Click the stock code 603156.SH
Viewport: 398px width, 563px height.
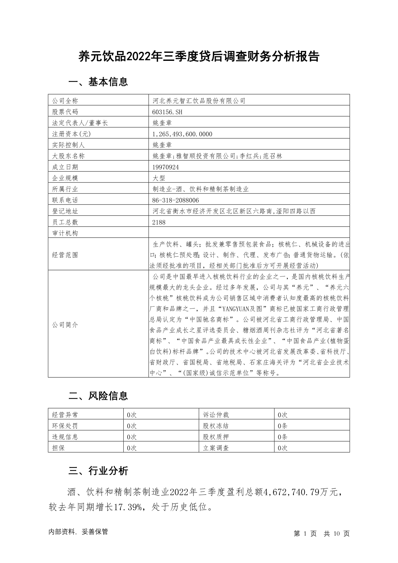pos(167,112)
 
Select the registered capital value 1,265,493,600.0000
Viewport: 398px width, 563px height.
pos(182,134)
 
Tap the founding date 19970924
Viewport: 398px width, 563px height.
pos(165,167)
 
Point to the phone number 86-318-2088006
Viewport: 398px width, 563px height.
pos(175,200)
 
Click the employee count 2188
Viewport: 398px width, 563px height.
pos(159,222)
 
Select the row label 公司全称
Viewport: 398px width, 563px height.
pos(65,101)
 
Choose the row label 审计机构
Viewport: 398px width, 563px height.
pos(65,233)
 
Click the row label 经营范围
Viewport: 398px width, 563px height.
pos(65,255)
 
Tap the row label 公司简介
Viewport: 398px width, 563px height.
pos(65,325)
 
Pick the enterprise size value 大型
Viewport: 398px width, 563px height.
pos(159,178)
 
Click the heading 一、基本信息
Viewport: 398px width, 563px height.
pos(98,82)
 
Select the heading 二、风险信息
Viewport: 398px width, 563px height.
pos(98,396)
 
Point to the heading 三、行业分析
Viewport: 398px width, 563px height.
pos(98,471)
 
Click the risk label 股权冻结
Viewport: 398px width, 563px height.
pos(216,426)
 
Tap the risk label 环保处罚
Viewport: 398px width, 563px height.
pos(65,426)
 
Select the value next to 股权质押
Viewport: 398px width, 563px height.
pos(283,437)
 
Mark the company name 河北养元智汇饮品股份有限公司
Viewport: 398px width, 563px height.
pos(199,101)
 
